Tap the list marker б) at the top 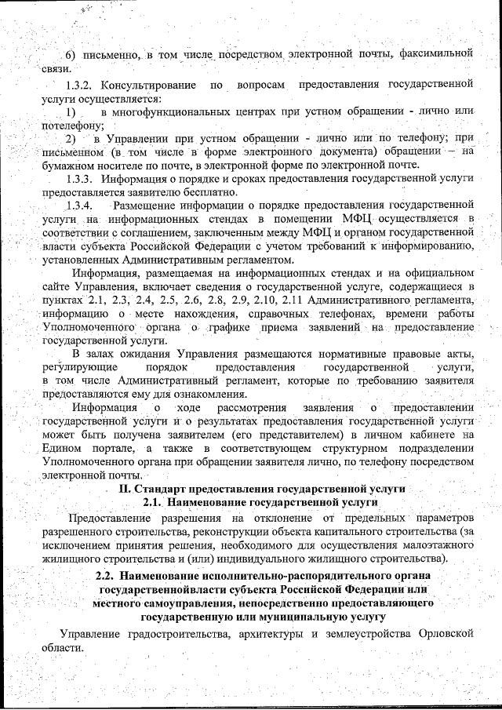click(68, 54)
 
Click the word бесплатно click(204, 191)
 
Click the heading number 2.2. click(104, 577)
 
